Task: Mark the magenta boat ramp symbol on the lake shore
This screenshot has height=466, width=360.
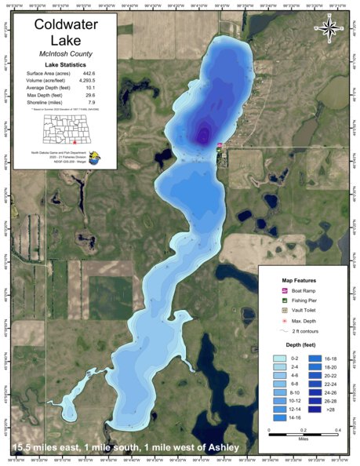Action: (219, 145)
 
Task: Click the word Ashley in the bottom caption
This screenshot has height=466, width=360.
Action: (217, 448)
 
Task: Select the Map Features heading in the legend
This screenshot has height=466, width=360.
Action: (299, 279)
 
